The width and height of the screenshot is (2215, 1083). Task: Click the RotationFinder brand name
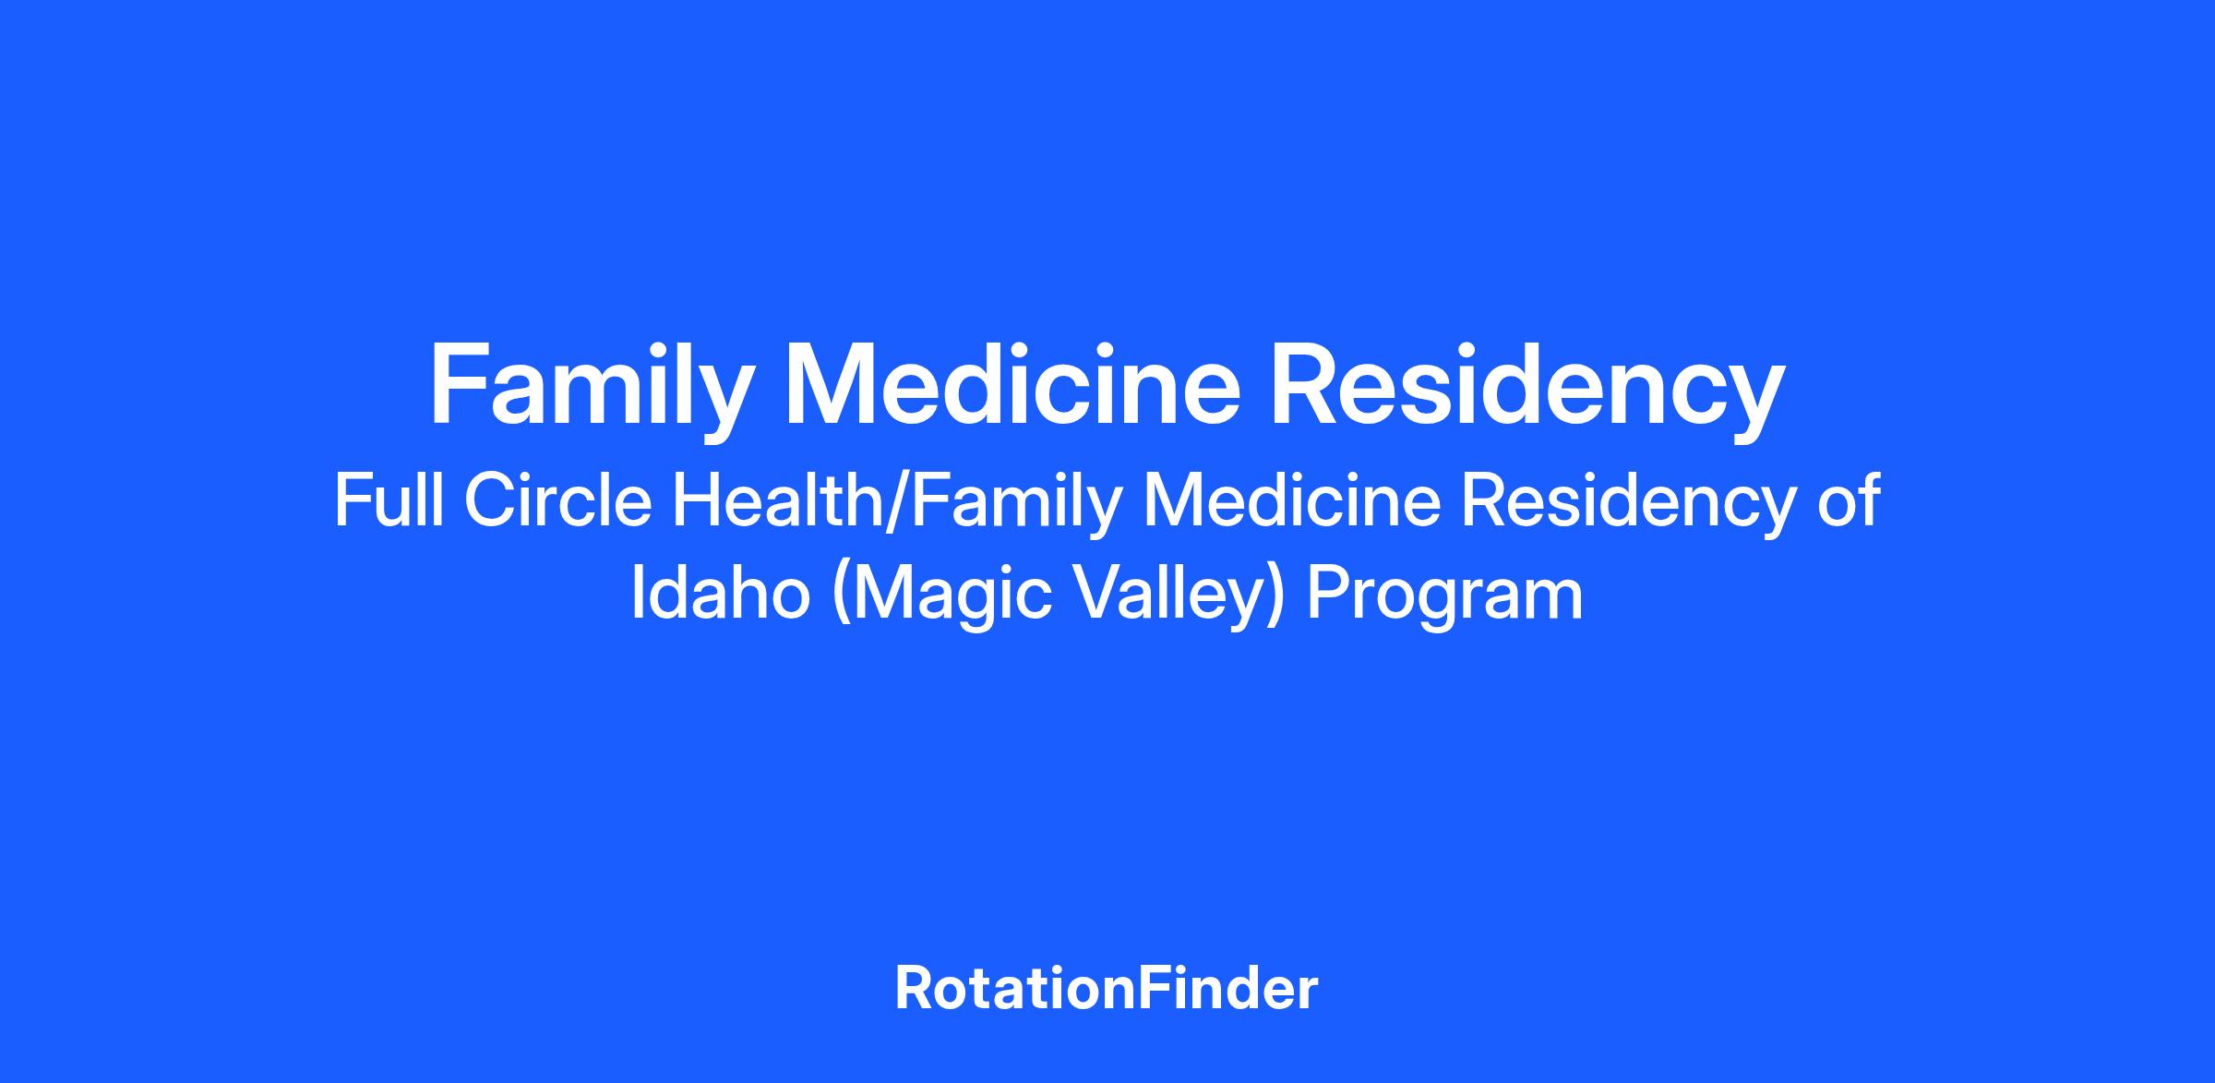pos(1107,989)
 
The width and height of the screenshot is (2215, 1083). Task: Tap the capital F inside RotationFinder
pos(1151,989)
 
